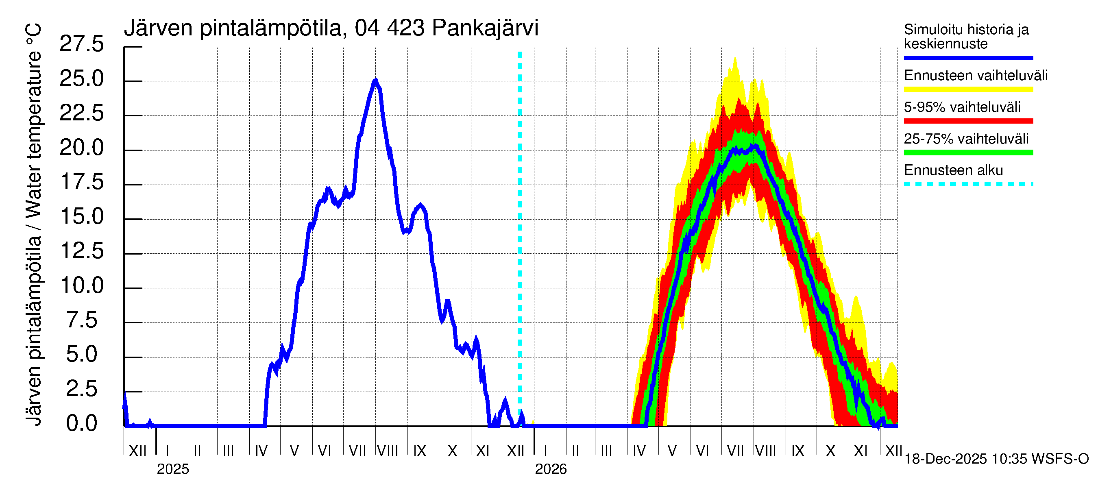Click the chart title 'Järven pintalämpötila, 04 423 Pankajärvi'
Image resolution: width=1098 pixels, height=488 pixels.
[331, 28]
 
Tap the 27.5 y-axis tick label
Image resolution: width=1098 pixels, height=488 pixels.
[81, 44]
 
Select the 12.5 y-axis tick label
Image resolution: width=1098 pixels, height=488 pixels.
[81, 251]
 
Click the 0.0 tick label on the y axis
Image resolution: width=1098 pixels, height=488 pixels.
[81, 424]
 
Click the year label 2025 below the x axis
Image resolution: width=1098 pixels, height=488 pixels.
[172, 469]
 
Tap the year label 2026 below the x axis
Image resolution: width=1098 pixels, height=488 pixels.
[551, 469]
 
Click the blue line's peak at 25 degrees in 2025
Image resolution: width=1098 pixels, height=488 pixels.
[375, 80]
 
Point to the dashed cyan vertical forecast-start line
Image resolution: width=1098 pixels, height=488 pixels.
[520, 239]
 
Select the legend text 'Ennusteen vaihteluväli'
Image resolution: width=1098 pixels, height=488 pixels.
[976, 76]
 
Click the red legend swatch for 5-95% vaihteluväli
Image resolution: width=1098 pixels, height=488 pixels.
[968, 121]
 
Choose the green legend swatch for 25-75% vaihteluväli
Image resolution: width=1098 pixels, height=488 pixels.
[968, 152]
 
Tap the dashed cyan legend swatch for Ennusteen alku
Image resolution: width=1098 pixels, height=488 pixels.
[968, 185]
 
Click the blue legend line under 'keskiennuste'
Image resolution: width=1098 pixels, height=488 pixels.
[968, 57]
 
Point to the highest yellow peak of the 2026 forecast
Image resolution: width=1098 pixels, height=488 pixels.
[735, 59]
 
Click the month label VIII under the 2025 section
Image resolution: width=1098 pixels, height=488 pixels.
[388, 451]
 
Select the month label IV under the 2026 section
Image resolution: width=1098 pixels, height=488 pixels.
[639, 451]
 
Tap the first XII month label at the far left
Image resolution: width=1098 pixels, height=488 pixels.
[137, 451]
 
